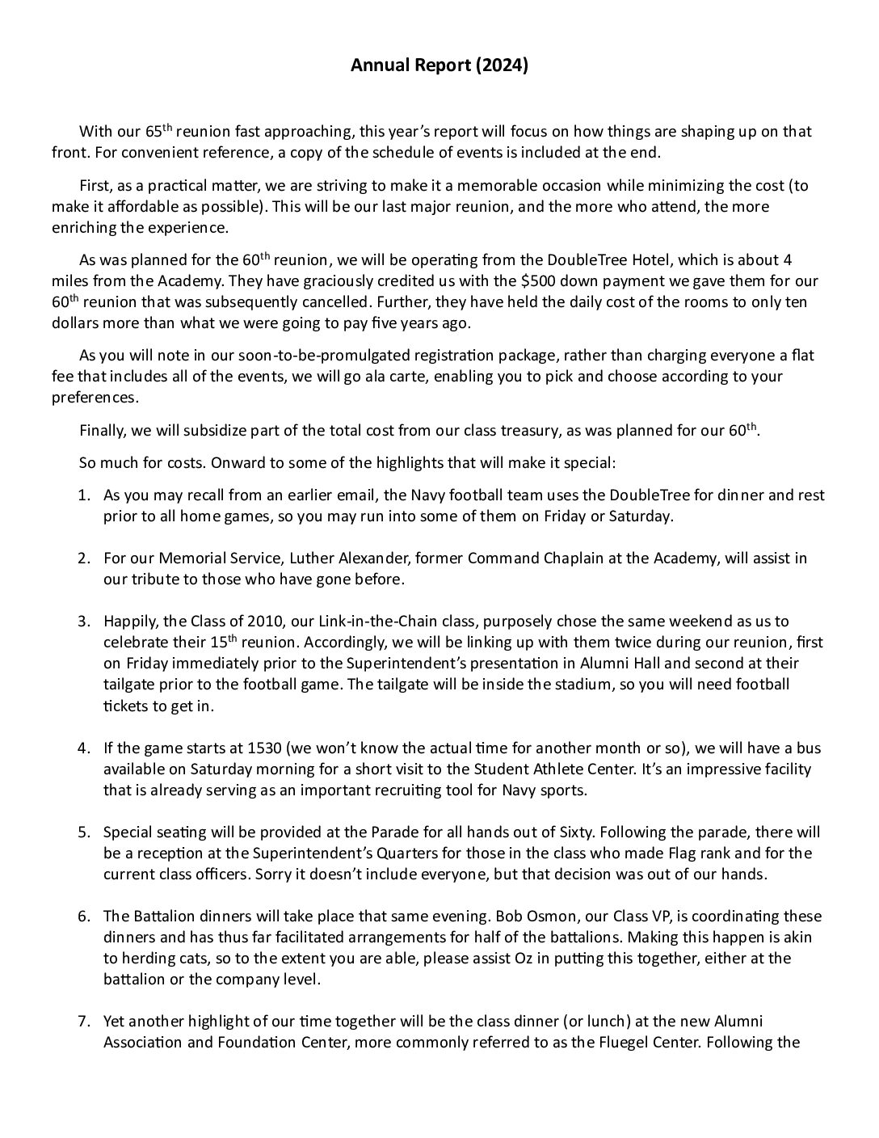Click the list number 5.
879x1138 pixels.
click(x=83, y=832)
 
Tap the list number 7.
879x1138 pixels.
click(x=83, y=1021)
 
